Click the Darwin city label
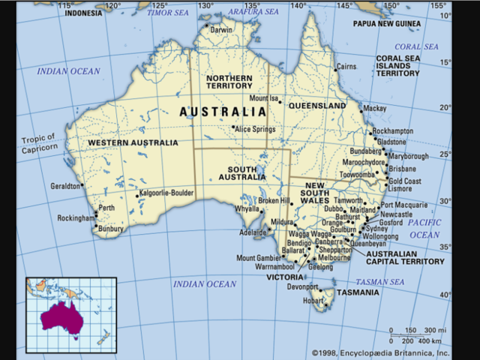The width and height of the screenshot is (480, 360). tap(222, 30)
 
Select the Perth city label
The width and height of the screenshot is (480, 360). tap(106, 208)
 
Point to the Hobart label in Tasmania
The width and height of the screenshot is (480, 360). tap(313, 301)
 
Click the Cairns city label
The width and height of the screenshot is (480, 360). tap(346, 67)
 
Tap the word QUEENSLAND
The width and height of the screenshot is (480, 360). tap(317, 106)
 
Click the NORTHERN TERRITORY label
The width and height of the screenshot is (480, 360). tap(229, 83)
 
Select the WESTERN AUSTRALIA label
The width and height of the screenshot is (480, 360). tap(133, 142)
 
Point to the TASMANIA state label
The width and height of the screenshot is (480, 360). tap(357, 292)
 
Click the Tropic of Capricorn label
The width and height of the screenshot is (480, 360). tap(39, 142)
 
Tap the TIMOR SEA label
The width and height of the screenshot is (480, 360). tap(169, 13)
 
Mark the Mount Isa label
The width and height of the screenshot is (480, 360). tap(263, 98)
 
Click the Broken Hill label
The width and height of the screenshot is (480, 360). tap(273, 201)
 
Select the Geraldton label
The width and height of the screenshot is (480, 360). tap(64, 186)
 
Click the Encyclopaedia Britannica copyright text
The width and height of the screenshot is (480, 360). tap(380, 352)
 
